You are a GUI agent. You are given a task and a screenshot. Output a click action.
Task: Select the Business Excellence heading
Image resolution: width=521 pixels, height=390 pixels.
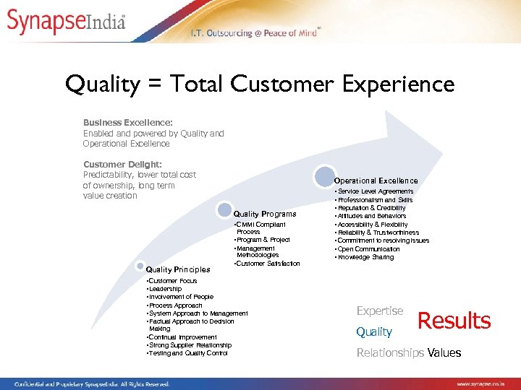127,123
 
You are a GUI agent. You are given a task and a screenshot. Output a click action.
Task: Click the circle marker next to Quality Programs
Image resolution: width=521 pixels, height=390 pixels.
224,210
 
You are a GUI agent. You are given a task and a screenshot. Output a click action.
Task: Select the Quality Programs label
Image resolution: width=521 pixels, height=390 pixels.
264,214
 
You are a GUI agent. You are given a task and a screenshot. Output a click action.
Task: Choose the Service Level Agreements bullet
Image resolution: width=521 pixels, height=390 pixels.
376,191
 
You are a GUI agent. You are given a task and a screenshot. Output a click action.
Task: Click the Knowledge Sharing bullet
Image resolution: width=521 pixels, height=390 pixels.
365,257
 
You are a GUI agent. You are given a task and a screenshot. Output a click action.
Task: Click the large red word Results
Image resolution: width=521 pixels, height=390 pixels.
454,321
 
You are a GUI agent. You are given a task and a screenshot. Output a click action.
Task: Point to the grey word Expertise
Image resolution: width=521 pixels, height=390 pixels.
380,311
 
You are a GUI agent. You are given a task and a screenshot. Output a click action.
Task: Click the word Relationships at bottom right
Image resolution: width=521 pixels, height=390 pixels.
390,352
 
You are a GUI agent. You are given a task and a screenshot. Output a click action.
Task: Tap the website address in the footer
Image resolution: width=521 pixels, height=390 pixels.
486,383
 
